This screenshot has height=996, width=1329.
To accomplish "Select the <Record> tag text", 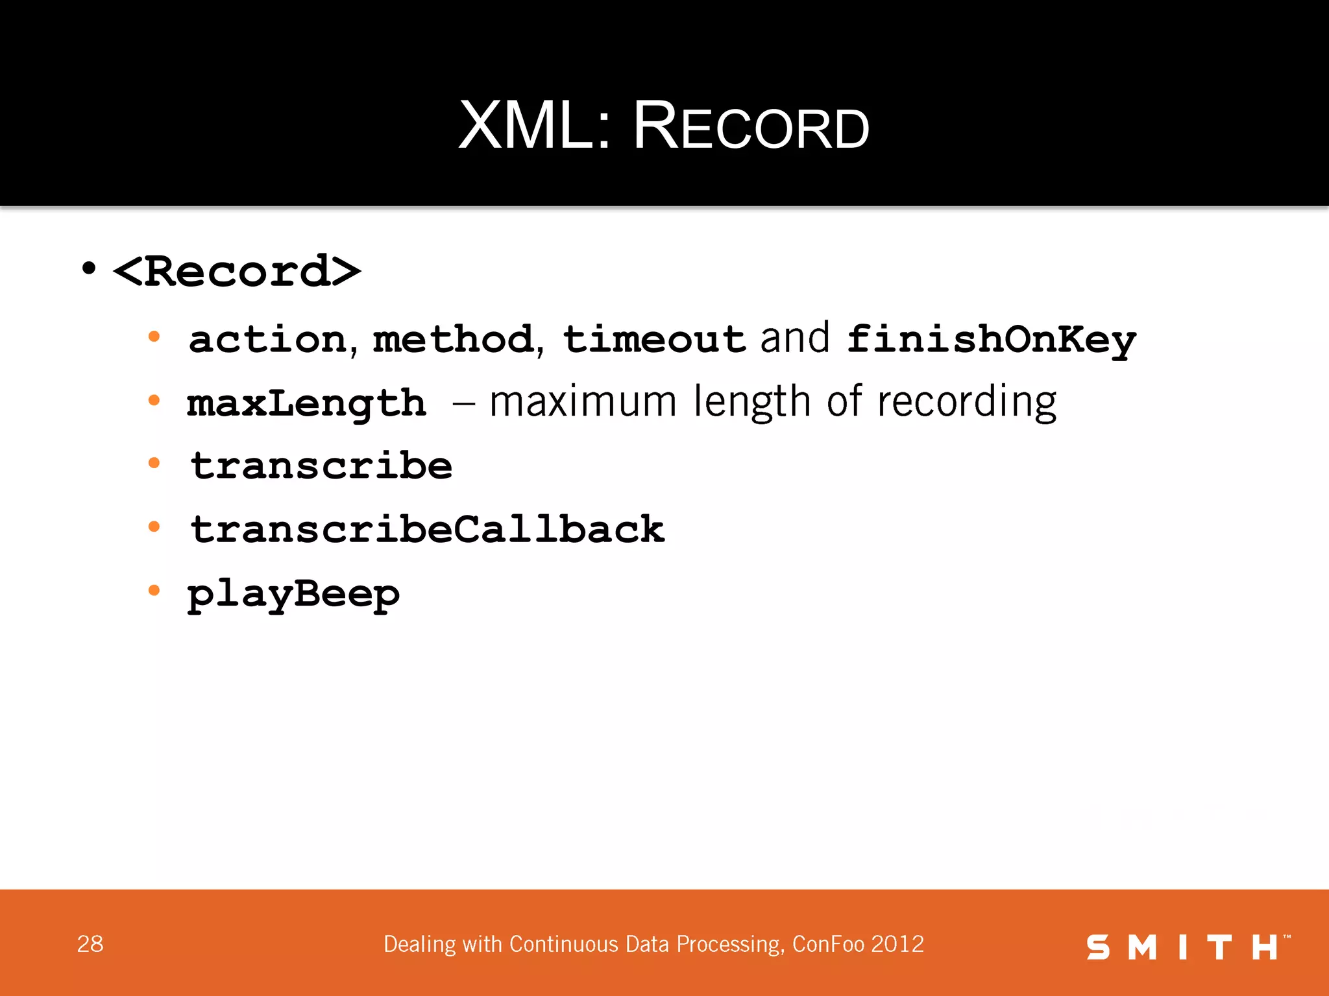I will [x=237, y=271].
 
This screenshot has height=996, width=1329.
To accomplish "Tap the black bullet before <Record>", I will [x=89, y=268].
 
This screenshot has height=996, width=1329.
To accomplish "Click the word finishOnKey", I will [x=991, y=340].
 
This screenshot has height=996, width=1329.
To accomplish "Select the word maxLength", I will [x=306, y=403].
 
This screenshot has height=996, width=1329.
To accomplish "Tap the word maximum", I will [x=583, y=402].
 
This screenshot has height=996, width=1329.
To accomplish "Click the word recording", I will [x=966, y=403].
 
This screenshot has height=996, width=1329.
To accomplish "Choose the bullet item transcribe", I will [x=321, y=466].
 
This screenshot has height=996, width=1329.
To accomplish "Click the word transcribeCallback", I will [x=427, y=529].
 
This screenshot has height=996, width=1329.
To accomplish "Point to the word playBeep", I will [x=293, y=594].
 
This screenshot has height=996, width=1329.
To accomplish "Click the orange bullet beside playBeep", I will [x=154, y=590].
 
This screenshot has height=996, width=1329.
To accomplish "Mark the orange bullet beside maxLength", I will [x=154, y=400].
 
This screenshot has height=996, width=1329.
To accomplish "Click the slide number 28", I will [x=90, y=944].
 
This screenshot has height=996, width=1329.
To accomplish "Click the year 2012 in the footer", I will [x=897, y=944].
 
